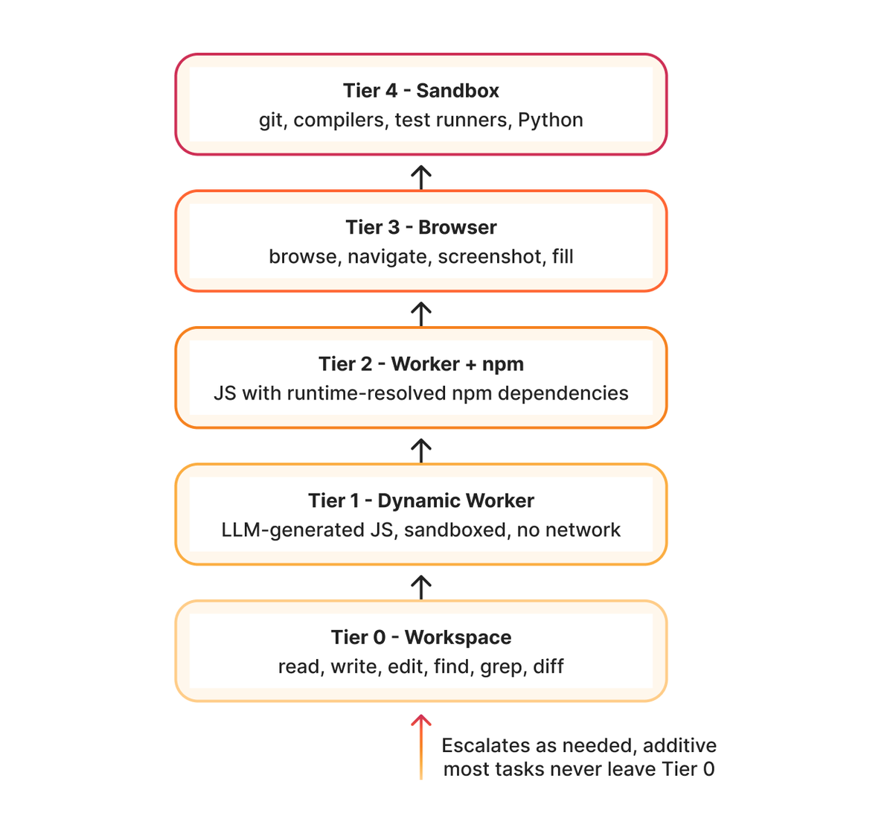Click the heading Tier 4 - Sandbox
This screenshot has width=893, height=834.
click(x=421, y=90)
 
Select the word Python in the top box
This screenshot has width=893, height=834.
click(x=550, y=120)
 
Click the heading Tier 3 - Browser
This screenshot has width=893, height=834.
click(x=421, y=227)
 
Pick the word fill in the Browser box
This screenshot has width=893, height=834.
click(x=563, y=256)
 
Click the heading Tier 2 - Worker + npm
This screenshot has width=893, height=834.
click(x=421, y=364)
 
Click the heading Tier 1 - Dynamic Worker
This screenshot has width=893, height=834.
click(x=421, y=500)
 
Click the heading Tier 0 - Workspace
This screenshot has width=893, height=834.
click(x=421, y=637)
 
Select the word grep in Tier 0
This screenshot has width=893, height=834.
click(x=503, y=667)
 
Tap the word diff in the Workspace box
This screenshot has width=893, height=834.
click(x=548, y=666)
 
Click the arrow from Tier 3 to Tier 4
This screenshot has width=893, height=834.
click(x=421, y=178)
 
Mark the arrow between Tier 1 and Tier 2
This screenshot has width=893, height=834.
click(x=421, y=451)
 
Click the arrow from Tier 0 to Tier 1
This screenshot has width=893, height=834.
click(x=421, y=588)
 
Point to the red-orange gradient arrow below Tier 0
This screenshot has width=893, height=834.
click(x=421, y=747)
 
